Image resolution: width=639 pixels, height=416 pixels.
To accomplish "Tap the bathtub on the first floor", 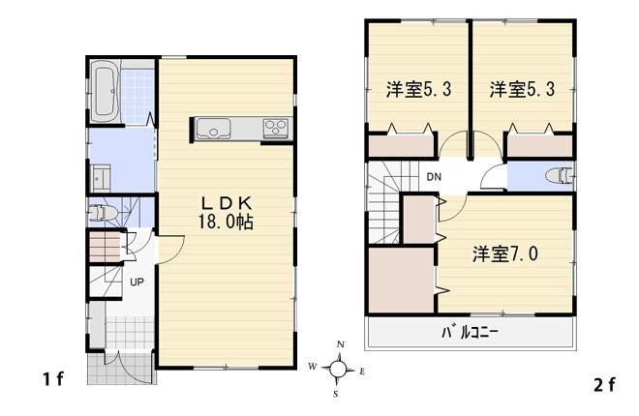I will coord(106,91).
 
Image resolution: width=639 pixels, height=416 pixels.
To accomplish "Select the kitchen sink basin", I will coord(210,128).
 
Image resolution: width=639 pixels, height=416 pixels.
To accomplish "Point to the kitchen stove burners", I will coord(275,128).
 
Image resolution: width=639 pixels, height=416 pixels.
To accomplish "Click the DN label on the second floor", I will coord(435,177).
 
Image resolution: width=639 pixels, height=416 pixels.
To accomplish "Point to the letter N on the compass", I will coord(340,344).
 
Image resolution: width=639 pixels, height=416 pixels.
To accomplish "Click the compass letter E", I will coord(361,371).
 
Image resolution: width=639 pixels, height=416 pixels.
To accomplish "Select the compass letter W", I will coord(312,367).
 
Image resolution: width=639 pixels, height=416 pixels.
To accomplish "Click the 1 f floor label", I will coord(52,378).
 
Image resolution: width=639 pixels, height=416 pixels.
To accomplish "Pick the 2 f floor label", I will coord(603,384).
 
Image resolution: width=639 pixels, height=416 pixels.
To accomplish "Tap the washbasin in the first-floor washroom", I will coord(100,180).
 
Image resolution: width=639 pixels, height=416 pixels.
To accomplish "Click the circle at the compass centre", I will coord(337,368).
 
